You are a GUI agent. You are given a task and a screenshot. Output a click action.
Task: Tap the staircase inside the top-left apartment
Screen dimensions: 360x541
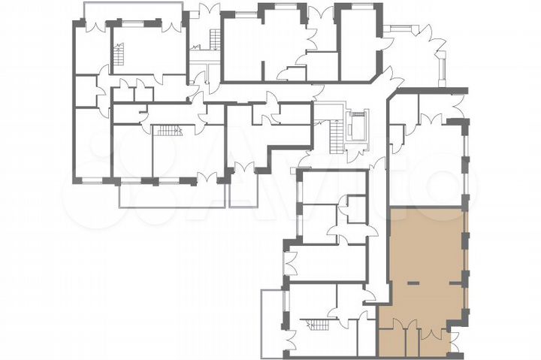tap(118, 55)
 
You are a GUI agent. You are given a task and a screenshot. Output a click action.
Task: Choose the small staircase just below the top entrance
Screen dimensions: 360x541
tap(215, 37)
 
